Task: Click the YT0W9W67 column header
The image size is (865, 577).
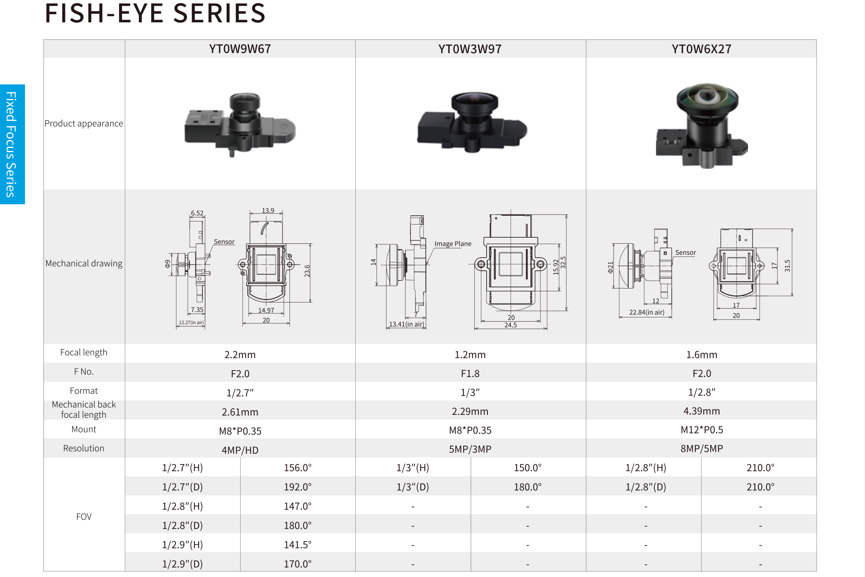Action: coord(240,49)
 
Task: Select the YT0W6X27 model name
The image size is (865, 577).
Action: coord(701,49)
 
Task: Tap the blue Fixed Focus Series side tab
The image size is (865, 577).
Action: coord(12,144)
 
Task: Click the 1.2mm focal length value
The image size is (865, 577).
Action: coord(470,354)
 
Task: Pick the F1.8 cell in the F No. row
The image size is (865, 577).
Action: coord(470,374)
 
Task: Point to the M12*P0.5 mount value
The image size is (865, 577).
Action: coord(702,430)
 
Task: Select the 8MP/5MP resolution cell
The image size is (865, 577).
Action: coord(702,449)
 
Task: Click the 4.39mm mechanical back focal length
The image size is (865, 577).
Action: coord(702,411)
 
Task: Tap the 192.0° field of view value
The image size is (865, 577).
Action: coord(298,487)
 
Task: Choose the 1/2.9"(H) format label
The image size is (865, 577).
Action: coord(182,545)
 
